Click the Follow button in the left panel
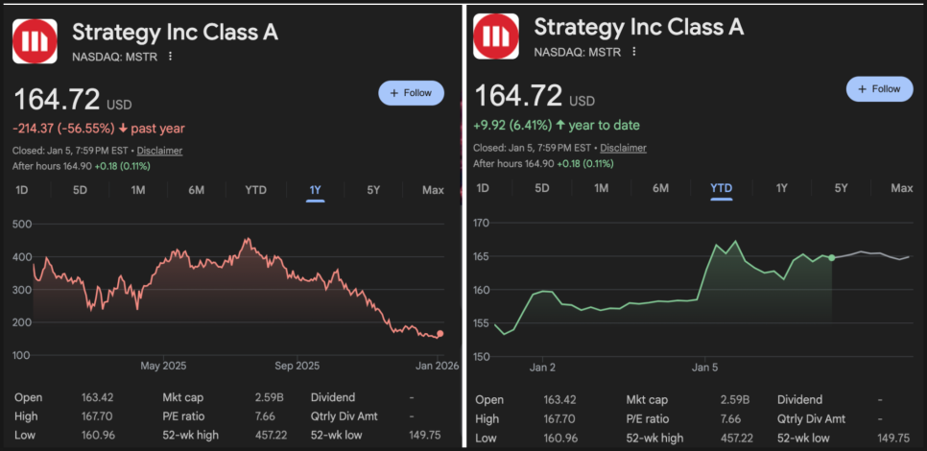pos(412,93)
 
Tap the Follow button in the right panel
pos(879,89)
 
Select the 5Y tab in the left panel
pos(373,190)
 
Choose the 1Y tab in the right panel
pos(781,188)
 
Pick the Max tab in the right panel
pos(901,188)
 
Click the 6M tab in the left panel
pos(196,190)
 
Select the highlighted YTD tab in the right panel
pos(721,188)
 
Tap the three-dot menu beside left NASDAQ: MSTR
pos(170,57)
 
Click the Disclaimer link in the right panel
pos(623,148)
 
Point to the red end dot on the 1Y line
pos(440,334)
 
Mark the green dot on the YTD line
pos(831,257)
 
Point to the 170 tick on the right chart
pos(482,224)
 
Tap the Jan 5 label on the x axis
pos(704,367)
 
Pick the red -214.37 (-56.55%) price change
pos(63,128)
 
